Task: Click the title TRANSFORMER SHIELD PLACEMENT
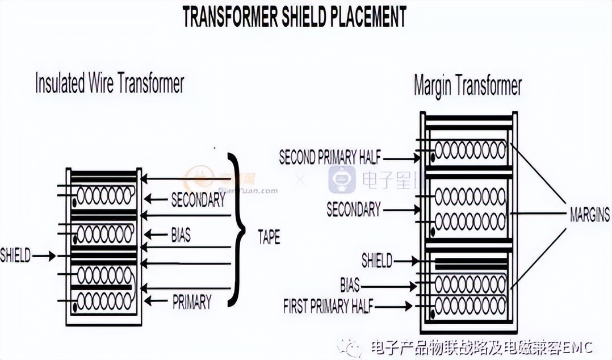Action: tap(294, 17)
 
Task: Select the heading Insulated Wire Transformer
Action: tap(110, 84)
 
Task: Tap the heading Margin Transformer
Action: tap(467, 86)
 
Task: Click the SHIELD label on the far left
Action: tap(15, 256)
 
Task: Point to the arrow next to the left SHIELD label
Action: tap(45, 256)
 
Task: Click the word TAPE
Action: tap(269, 237)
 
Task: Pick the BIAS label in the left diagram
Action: tap(181, 235)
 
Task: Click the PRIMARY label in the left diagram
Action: tap(192, 302)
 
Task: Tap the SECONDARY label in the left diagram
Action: tap(198, 199)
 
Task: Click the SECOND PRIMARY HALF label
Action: tap(330, 158)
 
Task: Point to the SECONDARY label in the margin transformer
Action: tap(353, 209)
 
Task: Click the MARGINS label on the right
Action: tap(589, 215)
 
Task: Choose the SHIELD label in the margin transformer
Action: tap(377, 261)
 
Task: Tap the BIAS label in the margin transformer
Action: tap(350, 284)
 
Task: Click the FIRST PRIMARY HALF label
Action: tap(329, 307)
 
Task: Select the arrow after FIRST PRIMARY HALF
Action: tap(400, 307)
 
